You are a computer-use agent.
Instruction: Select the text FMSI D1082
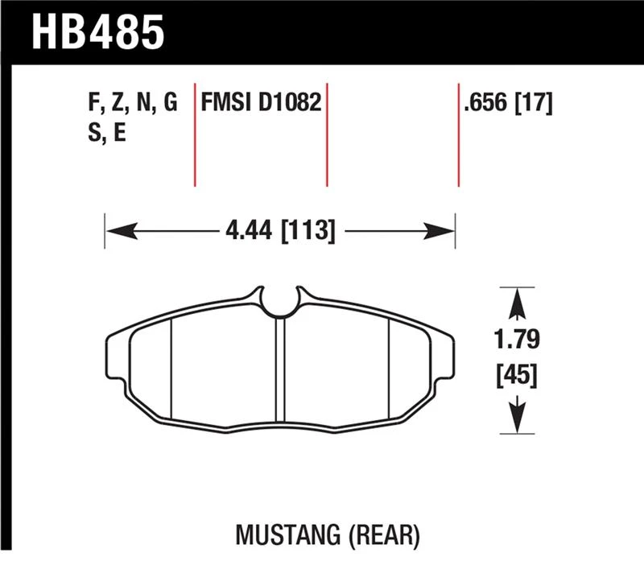click(261, 103)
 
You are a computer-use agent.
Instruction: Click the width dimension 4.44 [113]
click(280, 233)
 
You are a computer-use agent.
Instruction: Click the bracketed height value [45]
click(516, 376)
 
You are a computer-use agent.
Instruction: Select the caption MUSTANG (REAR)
click(328, 532)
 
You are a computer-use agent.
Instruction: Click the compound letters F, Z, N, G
click(130, 103)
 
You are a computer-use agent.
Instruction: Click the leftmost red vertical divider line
click(196, 133)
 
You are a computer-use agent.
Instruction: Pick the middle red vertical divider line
click(327, 133)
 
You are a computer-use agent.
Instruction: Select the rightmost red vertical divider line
click(458, 133)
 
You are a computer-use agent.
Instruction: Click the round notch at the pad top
click(280, 302)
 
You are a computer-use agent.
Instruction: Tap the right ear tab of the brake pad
click(444, 354)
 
